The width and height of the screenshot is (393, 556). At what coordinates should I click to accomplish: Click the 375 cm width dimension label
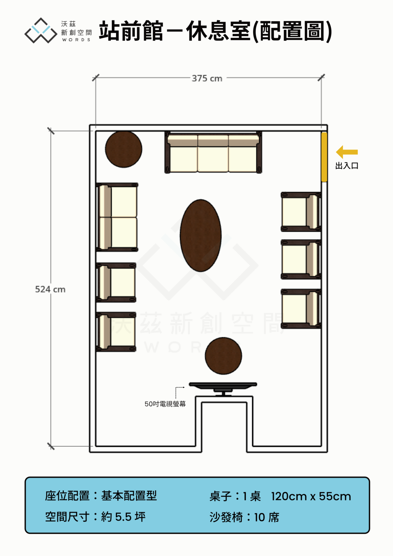coord(207,78)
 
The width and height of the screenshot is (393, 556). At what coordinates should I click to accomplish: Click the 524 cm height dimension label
coord(50,289)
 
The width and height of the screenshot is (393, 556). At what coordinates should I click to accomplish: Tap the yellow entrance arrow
coord(347,152)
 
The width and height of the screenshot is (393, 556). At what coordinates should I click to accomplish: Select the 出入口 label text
coord(347,166)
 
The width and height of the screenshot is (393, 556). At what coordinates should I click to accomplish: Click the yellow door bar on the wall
coord(324,157)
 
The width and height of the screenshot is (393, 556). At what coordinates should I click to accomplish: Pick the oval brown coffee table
coord(201,236)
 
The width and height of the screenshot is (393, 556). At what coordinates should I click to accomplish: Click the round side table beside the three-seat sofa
coord(123,149)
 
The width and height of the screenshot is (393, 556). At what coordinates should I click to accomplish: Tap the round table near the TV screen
coord(224,356)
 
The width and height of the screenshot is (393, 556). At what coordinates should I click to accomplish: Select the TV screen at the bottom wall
coord(223,388)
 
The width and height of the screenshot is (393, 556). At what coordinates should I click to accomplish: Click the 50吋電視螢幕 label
coord(165,404)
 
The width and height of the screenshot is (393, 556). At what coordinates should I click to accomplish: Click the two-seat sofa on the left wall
coord(117,217)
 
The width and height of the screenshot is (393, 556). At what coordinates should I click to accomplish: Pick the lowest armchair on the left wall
coord(116,332)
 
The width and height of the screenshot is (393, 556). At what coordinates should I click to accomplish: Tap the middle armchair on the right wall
coord(301,260)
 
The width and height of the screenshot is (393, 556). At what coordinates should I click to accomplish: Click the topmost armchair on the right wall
coord(301,212)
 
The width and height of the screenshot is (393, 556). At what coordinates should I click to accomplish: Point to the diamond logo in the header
coord(41,30)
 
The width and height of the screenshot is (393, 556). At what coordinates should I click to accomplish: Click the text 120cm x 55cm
coord(311,496)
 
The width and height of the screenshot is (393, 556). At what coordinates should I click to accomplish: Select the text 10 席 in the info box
coord(267,517)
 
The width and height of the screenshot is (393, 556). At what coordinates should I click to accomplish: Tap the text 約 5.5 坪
coord(123,517)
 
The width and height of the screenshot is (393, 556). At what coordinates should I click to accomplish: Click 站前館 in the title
coord(131,31)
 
